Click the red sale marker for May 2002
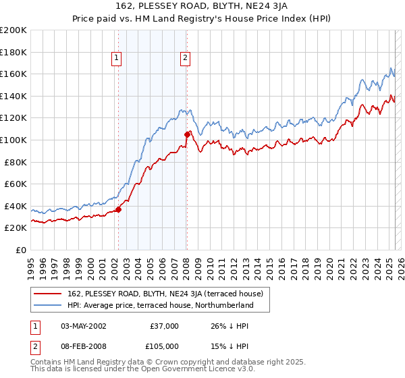(x=118, y=209)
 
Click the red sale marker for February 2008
(x=187, y=134)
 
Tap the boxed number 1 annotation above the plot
(x=117, y=59)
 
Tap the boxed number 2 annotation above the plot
(x=184, y=59)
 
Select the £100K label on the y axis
(x=13, y=140)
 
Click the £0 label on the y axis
(x=21, y=250)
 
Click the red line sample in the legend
(x=47, y=294)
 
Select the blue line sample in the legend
(x=47, y=305)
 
